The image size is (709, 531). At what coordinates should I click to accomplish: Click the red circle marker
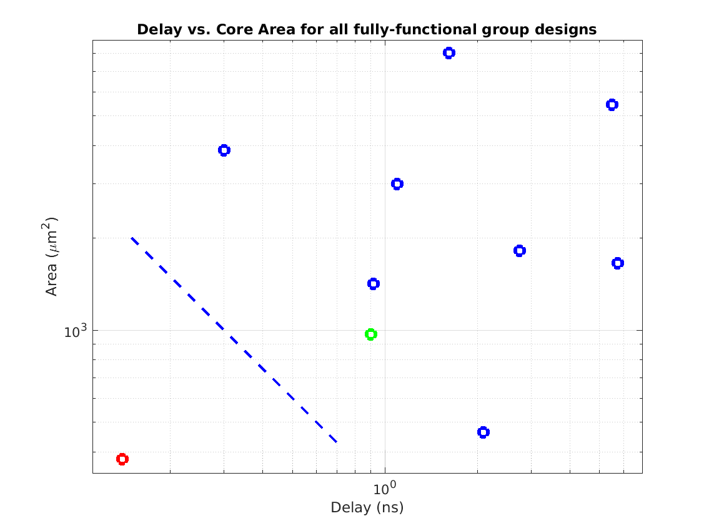pyautogui.click(x=122, y=459)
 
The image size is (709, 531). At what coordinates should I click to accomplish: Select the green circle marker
pyautogui.click(x=370, y=334)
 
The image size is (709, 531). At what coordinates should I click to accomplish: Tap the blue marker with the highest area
pyautogui.click(x=449, y=53)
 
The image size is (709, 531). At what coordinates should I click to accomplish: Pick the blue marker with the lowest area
pyautogui.click(x=483, y=432)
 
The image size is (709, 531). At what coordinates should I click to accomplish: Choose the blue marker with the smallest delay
pyautogui.click(x=224, y=150)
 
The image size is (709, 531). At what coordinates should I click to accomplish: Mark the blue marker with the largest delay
pyautogui.click(x=618, y=263)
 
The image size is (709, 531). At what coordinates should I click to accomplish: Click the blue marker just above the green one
pyautogui.click(x=374, y=284)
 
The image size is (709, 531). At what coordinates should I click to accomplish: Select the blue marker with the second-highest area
pyautogui.click(x=612, y=105)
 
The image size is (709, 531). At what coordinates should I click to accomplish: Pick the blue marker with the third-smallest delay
pyautogui.click(x=397, y=184)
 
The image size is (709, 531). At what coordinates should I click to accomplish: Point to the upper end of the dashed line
pyautogui.click(x=132, y=238)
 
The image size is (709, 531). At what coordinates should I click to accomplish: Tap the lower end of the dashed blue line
pyautogui.click(x=337, y=442)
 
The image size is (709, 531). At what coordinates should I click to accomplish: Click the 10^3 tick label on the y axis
pyautogui.click(x=76, y=331)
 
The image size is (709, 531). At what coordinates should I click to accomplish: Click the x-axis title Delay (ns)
pyautogui.click(x=367, y=508)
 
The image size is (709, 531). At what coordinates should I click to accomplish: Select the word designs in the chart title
pyautogui.click(x=568, y=29)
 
